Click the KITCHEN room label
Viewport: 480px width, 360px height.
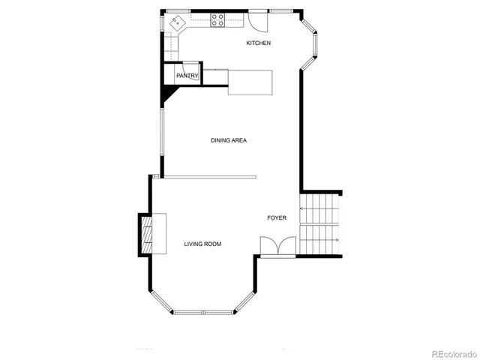(x=259, y=43)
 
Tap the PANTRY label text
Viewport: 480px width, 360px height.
(x=187, y=76)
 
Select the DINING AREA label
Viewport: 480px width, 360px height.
(x=229, y=140)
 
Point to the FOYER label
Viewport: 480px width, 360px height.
(x=277, y=218)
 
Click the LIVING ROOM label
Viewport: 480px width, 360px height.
(x=202, y=244)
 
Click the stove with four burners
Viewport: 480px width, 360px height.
(x=217, y=20)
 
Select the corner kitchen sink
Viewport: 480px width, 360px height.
(x=177, y=23)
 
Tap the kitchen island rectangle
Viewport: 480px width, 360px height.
(x=250, y=82)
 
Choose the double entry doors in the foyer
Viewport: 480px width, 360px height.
(x=277, y=247)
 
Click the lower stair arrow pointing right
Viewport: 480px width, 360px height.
(x=319, y=240)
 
